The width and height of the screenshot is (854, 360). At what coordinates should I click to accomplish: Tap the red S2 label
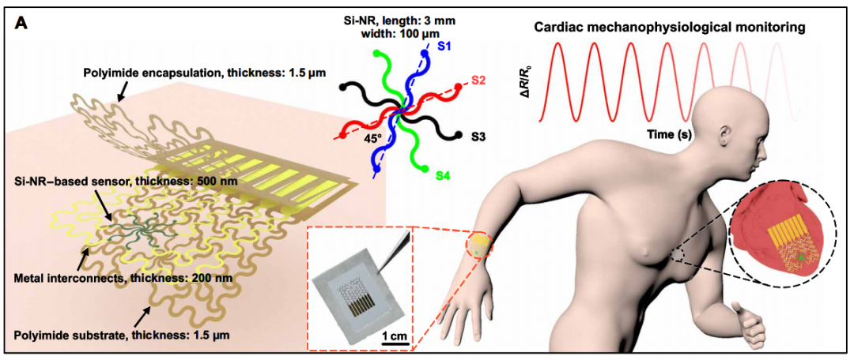479,81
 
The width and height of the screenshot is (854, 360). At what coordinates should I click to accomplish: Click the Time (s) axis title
665,135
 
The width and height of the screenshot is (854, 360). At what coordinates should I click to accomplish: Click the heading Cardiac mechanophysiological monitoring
669,28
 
